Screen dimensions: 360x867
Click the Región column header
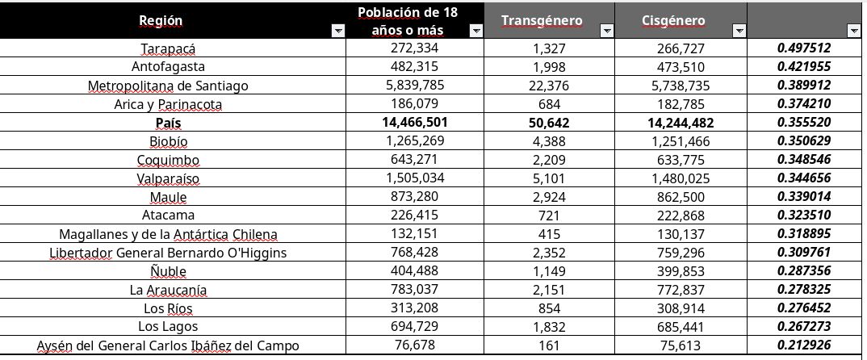tap(161, 21)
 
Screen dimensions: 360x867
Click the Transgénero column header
tap(541, 21)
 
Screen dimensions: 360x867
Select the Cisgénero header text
tap(673, 21)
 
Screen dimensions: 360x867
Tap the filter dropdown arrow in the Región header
tap(337, 31)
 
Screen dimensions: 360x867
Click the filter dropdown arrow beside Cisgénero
tap(738, 31)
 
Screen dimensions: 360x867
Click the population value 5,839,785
tap(415, 86)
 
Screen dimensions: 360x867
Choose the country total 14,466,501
tap(415, 123)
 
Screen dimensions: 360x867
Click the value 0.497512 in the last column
tap(804, 48)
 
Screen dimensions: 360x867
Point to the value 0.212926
tap(804, 345)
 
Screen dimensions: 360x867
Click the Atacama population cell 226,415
tap(415, 216)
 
